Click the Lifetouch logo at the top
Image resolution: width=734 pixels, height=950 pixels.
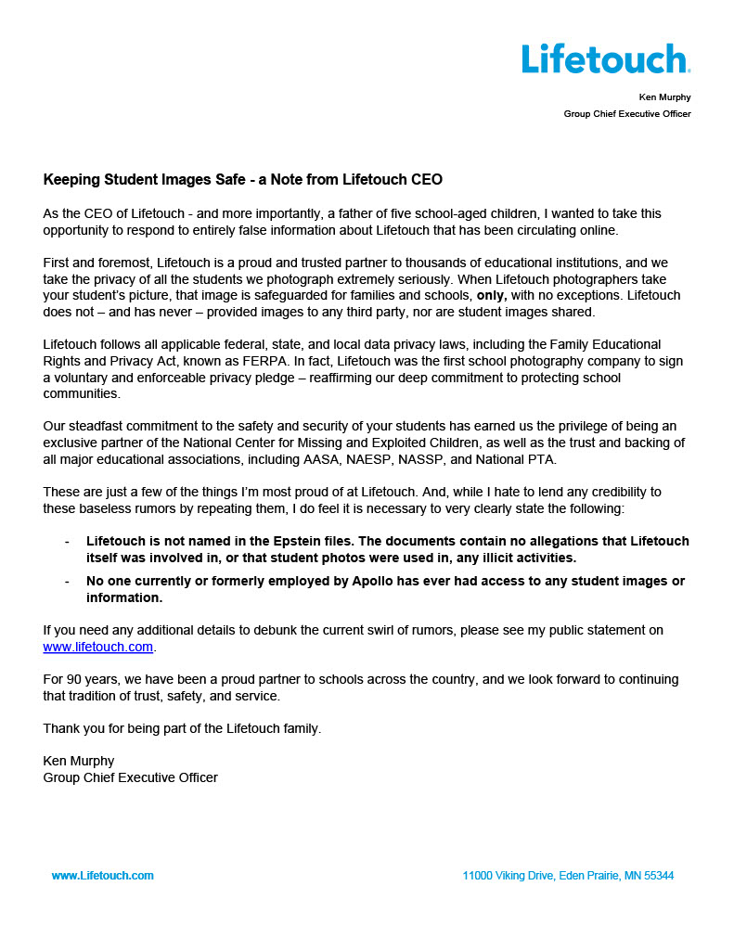(605, 58)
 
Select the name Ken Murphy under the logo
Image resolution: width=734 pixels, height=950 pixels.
(664, 97)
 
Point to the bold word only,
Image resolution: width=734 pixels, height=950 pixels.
(492, 296)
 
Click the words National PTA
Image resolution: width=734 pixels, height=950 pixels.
(557, 459)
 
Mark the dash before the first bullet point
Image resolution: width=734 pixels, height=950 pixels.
(66, 541)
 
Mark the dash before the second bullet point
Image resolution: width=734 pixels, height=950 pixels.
(66, 582)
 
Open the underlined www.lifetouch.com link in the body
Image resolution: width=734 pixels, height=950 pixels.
(97, 647)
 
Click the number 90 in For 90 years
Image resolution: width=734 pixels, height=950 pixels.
(73, 680)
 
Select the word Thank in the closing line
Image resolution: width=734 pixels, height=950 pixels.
(61, 729)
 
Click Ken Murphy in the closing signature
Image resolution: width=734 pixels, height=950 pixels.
(79, 761)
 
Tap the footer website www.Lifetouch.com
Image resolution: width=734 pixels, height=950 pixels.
(102, 876)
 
